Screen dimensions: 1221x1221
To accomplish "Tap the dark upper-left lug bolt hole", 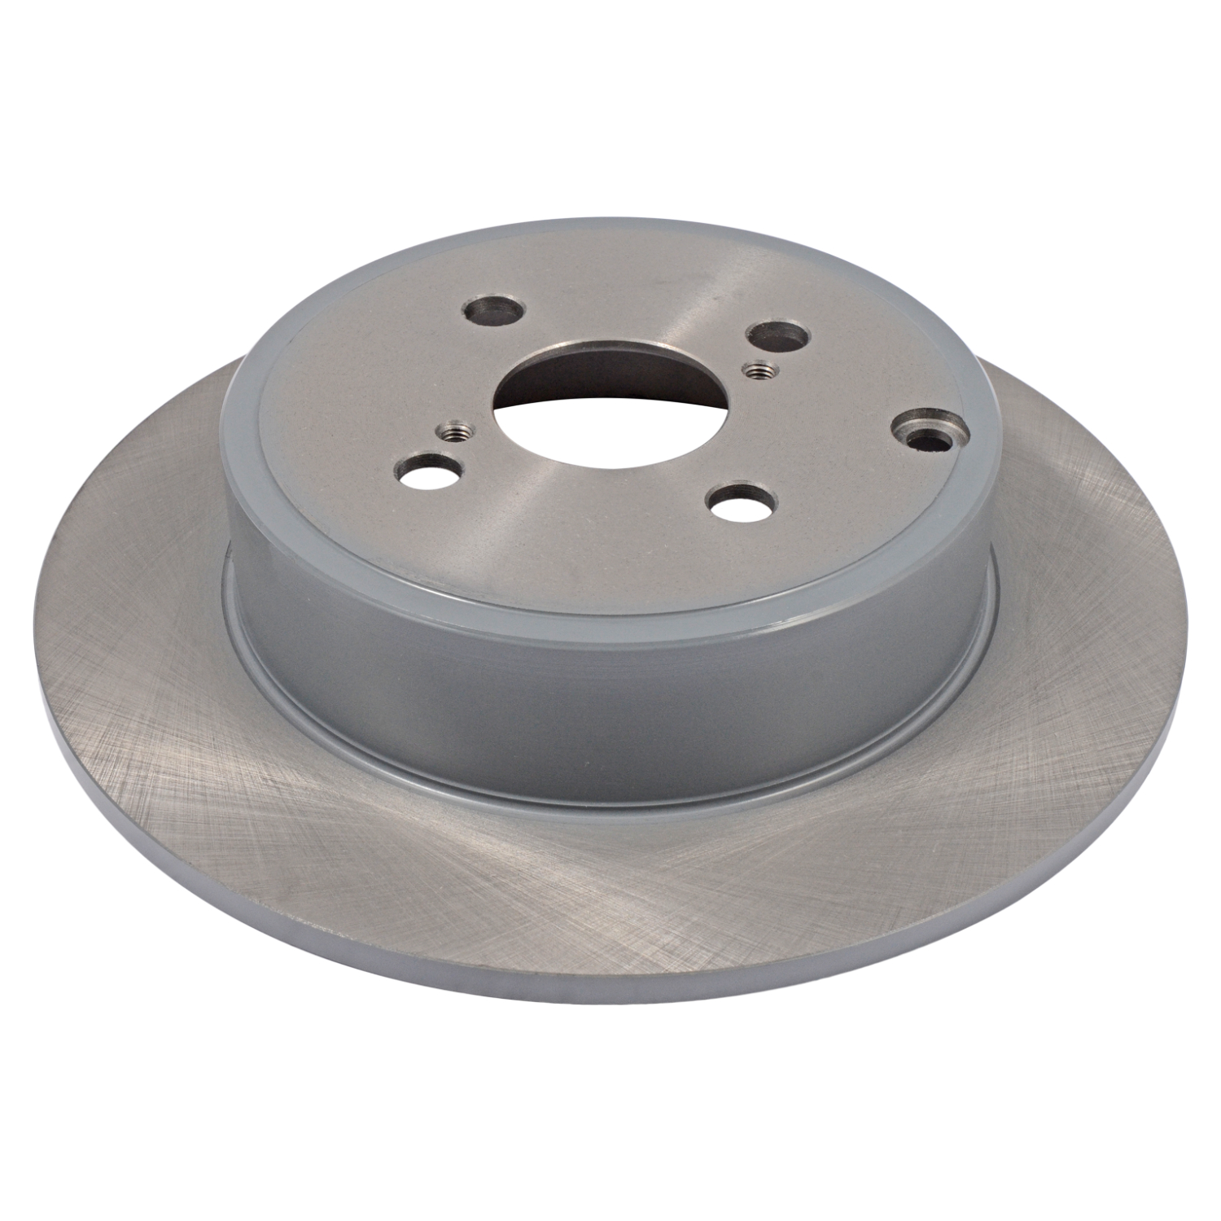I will [x=492, y=311].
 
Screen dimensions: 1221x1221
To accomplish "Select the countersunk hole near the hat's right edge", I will [x=928, y=431].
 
